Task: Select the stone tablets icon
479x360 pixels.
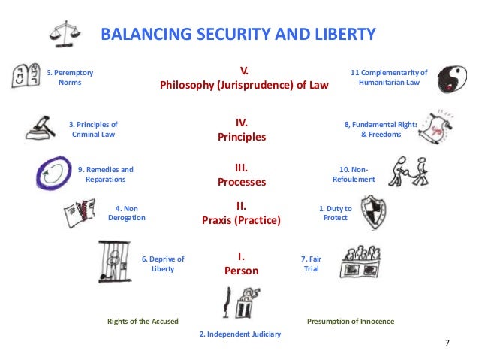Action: pos(26,76)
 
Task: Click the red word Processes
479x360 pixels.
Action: pos(242,182)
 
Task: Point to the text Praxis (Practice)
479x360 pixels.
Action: pos(241,221)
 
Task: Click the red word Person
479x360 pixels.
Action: pos(241,271)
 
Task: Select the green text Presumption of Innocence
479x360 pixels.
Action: pos(351,321)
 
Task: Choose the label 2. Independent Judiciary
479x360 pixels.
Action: pos(239,334)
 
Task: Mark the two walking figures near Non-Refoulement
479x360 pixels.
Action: pos(405,172)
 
